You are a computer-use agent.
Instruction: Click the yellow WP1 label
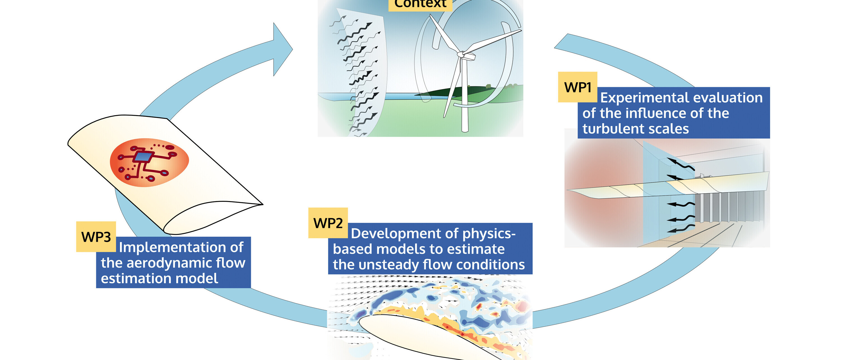577,87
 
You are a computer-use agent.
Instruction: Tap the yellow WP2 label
328,223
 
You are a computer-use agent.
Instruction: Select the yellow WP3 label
96,237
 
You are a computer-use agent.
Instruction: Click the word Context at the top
420,4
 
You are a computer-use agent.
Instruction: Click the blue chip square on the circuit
143,157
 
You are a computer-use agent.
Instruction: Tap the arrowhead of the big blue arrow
283,49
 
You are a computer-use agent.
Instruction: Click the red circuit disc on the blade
149,162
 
